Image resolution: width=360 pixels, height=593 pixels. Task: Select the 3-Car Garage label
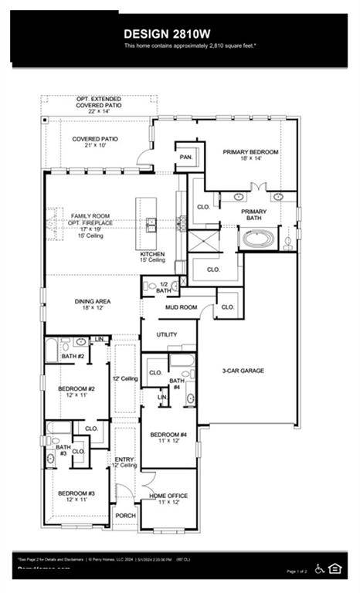pos(243,371)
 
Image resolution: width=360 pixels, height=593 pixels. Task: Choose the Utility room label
pos(166,334)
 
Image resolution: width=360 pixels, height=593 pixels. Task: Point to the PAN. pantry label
pos(185,156)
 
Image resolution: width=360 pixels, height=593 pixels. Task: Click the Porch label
pos(125,515)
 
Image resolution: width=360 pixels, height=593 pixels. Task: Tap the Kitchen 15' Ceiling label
pos(153,257)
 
